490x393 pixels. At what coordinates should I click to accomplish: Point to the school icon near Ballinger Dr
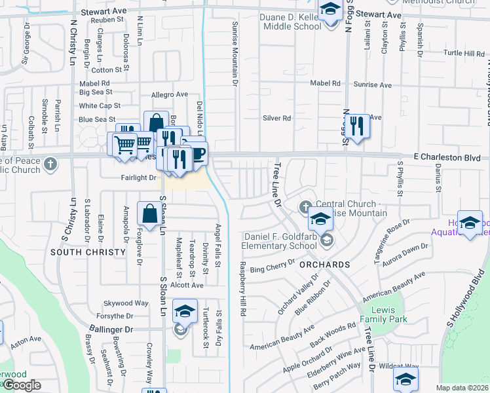(x=185, y=312)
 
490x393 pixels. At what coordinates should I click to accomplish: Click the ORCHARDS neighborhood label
(x=324, y=264)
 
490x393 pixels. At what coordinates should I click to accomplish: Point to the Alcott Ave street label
(x=187, y=285)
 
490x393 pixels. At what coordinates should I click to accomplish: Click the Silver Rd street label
(x=276, y=118)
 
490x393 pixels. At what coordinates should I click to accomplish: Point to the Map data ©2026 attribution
(x=462, y=388)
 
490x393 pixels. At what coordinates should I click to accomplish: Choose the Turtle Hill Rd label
(x=463, y=53)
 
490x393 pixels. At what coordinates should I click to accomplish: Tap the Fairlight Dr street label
(x=138, y=178)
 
